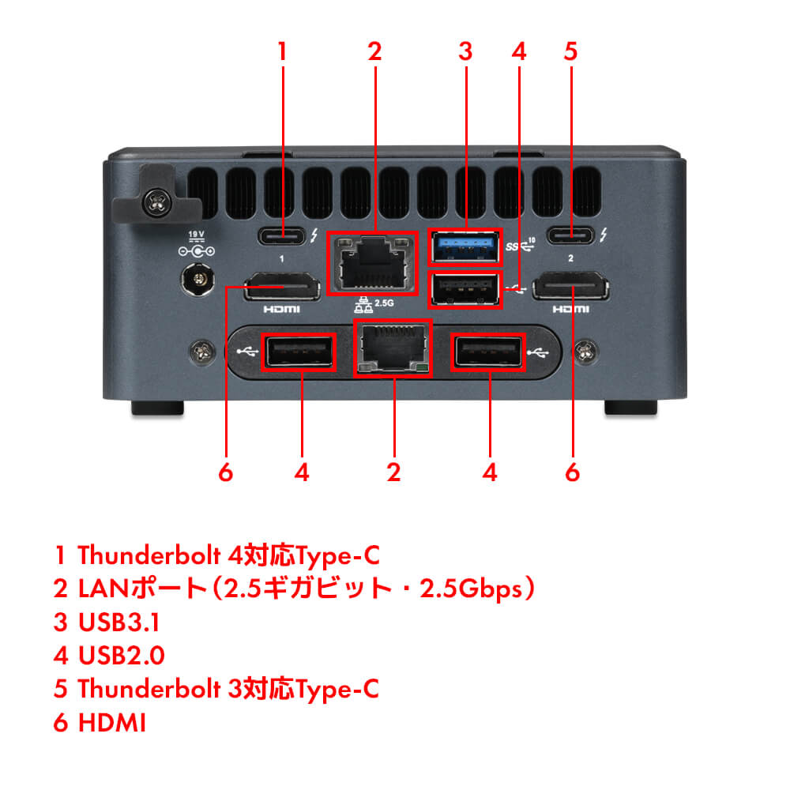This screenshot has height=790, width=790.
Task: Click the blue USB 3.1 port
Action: coord(465,246)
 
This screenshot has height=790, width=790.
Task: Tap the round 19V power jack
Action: coord(196,279)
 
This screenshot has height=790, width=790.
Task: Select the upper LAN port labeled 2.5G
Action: coord(371,264)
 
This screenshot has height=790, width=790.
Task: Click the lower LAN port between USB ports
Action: coord(393,348)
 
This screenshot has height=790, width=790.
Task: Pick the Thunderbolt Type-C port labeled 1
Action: coord(283,235)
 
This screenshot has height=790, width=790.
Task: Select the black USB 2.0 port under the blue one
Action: coord(465,289)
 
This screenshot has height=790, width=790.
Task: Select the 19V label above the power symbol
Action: coord(196,234)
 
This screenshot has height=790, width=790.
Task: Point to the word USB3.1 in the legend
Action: coord(118,623)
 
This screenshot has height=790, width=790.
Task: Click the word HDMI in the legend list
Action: coord(112,722)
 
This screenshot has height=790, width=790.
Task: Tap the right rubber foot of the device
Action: coord(630,408)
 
